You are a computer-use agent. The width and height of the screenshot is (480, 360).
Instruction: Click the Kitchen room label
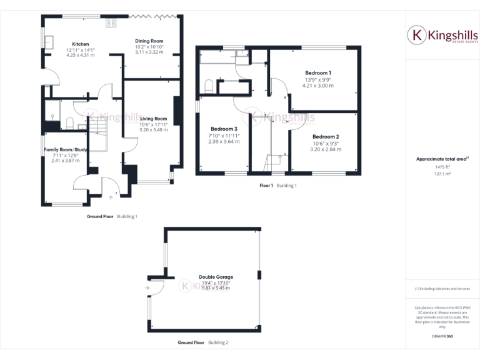point(80,44)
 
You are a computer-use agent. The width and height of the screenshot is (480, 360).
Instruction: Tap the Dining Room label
point(149,41)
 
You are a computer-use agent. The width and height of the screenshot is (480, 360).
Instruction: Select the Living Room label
point(153,119)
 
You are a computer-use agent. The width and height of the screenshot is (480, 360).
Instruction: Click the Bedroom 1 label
point(318,72)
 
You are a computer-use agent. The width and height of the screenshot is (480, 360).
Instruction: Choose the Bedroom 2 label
point(326,137)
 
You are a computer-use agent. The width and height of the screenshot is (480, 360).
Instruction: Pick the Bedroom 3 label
point(223,129)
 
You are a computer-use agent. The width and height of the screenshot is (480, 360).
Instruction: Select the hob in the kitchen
point(111,23)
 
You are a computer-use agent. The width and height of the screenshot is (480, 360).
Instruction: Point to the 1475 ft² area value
point(442,167)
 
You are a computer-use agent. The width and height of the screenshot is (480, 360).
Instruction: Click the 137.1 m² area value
point(442,174)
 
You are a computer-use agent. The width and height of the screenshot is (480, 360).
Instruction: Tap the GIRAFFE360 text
point(442,337)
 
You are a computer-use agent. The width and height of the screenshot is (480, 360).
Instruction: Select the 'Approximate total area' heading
point(441,159)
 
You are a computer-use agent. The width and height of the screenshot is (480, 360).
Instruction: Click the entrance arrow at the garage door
point(147,288)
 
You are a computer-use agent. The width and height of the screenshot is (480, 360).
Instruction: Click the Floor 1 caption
point(266,186)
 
